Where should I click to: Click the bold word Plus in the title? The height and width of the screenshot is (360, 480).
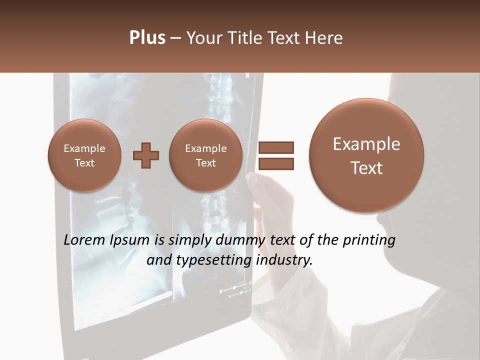147,38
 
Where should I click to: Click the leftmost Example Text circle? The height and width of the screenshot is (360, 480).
84,155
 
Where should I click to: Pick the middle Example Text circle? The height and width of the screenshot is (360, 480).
205,155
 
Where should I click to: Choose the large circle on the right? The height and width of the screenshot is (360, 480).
366,155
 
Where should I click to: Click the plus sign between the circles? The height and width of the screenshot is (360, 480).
145,155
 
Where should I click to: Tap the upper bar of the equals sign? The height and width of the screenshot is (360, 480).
275,147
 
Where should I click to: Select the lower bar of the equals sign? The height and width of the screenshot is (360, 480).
275,163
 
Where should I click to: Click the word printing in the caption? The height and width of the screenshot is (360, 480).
369,240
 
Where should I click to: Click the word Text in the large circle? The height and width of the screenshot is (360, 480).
366,168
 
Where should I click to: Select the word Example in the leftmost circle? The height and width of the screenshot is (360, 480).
84,148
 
